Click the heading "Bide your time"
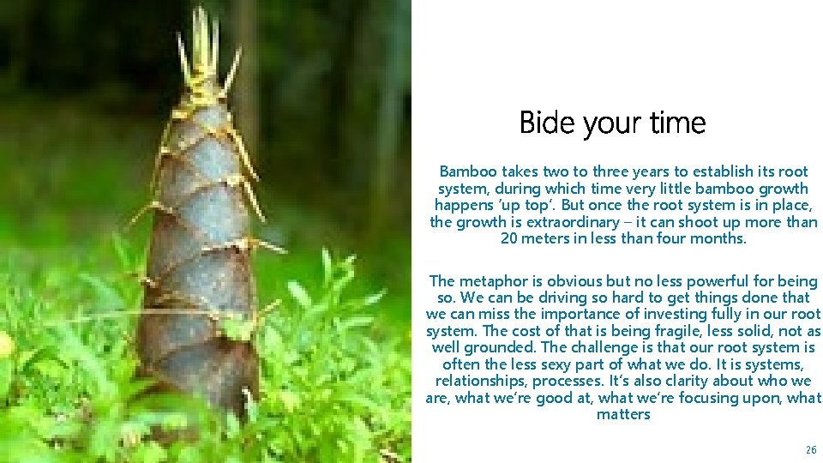pos(612,123)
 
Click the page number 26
pos(811,450)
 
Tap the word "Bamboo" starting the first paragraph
pos(467,171)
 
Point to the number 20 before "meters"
pos(508,238)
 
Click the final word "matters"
pos(623,414)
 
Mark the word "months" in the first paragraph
pos(718,238)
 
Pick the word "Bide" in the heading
pos(548,123)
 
